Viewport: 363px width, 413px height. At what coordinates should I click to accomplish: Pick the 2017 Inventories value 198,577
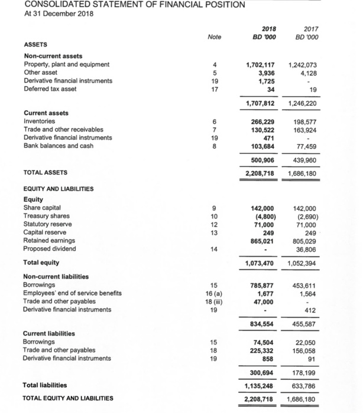[306, 121]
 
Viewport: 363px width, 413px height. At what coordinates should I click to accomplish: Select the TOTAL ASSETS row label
[45, 173]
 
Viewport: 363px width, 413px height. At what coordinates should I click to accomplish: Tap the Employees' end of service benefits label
[72, 293]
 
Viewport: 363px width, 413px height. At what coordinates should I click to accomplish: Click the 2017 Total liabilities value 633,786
[306, 386]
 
